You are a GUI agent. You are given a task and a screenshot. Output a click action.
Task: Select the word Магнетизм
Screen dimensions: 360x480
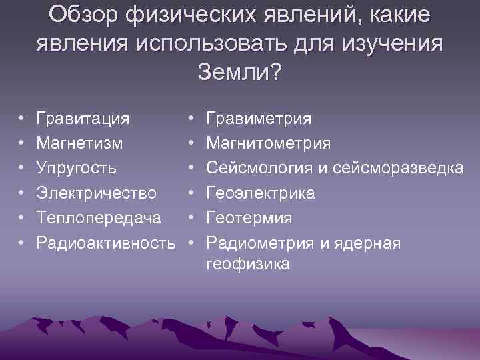79,143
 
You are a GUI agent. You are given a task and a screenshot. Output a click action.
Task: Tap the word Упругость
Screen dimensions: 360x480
77,168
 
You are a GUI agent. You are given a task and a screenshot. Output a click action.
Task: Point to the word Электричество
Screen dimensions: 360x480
97,193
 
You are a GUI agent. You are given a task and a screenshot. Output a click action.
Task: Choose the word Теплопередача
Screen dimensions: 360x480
99,218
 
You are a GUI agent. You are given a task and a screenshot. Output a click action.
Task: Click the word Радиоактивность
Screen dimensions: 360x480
111,243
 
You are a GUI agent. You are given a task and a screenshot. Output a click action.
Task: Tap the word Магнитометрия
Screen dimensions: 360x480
269,143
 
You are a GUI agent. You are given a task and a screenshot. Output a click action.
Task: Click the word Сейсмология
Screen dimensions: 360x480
261,168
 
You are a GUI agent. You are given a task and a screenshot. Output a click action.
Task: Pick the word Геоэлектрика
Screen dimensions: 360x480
262,193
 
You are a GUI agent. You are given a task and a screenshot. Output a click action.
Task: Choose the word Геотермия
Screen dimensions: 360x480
249,218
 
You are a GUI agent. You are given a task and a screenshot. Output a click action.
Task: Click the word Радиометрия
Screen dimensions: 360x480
260,243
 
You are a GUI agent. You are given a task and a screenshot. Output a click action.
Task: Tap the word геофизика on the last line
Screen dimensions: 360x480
248,265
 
